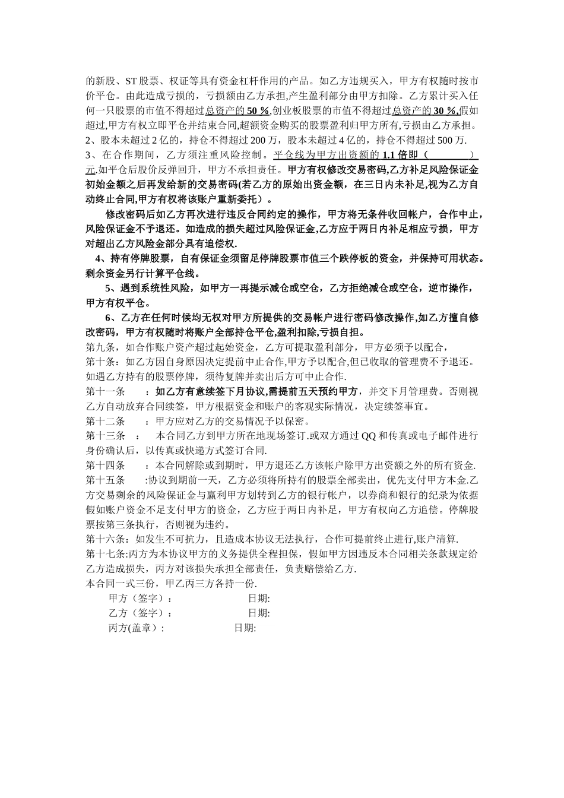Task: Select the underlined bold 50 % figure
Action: (258, 111)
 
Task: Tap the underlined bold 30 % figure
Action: (445, 111)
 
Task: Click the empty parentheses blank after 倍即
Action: (450, 156)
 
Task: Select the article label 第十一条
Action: (106, 392)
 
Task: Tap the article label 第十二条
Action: (106, 422)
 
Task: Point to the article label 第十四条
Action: (106, 465)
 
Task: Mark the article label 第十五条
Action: (106, 480)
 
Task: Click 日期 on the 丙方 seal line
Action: (245, 628)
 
